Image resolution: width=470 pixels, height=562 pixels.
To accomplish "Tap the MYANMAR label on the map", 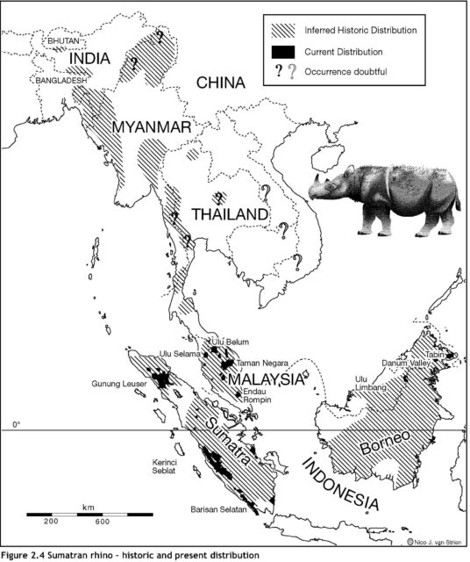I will coord(152,128).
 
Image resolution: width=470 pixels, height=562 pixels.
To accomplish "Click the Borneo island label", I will coord(388,443).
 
